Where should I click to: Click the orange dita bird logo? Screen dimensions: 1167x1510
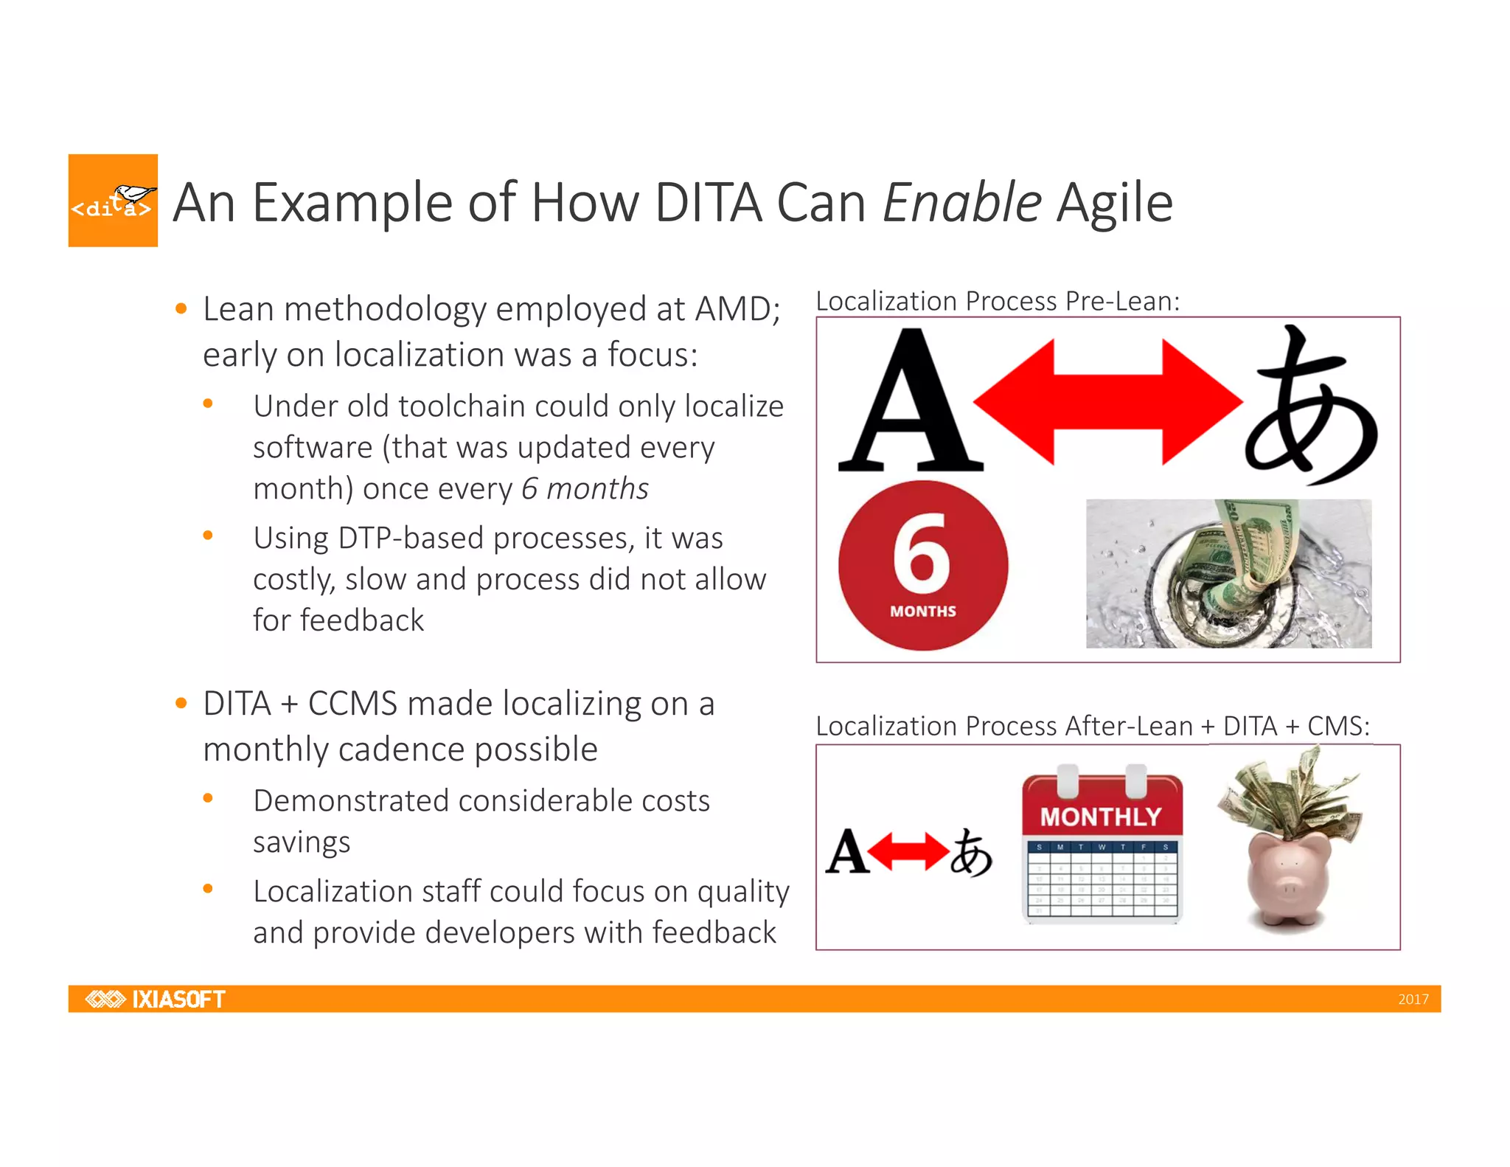113,201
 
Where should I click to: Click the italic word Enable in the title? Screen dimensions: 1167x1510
961,203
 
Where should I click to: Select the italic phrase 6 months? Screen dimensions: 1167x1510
585,488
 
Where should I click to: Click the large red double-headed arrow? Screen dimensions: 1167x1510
1107,402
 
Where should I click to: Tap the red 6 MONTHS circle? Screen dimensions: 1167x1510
922,566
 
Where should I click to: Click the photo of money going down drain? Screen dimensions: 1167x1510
1228,574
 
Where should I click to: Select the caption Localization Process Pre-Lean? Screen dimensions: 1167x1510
998,301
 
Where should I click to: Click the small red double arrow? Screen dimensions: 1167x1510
908,852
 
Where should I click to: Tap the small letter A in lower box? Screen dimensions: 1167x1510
846,852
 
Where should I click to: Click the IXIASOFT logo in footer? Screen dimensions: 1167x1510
156,999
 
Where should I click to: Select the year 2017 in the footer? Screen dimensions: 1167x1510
1413,1000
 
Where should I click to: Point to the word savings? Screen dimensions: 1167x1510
302,842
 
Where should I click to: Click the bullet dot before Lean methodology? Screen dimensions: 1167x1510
181,309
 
